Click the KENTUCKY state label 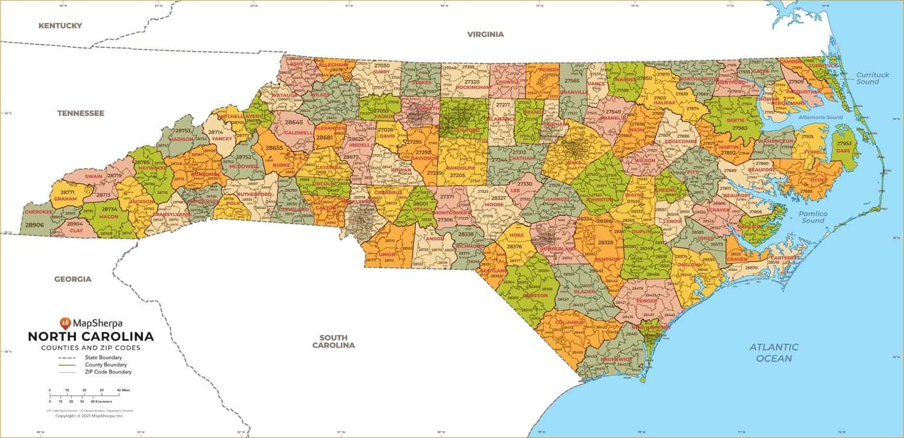click(x=60, y=25)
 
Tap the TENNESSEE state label click(x=81, y=113)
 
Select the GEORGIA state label click(x=73, y=279)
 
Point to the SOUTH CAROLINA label click(x=333, y=341)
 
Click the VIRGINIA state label click(x=485, y=34)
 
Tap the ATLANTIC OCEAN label click(x=774, y=352)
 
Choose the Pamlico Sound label click(x=813, y=217)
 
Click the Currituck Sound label click(x=872, y=78)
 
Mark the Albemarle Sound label click(x=820, y=117)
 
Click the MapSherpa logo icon click(x=65, y=323)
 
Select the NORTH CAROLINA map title click(x=91, y=336)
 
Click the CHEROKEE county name click(x=38, y=212)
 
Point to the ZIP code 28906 click(x=35, y=224)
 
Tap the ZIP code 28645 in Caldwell click(x=294, y=122)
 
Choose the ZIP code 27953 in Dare click(x=844, y=143)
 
